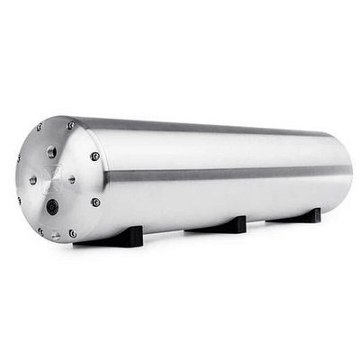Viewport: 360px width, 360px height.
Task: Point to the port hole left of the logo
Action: click(33, 179)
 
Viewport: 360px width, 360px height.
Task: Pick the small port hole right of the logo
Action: click(72, 179)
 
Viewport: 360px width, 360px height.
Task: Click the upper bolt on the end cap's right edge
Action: click(94, 156)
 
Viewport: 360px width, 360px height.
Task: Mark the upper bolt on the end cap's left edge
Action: click(18, 158)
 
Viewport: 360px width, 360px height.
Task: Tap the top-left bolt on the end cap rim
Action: click(38, 128)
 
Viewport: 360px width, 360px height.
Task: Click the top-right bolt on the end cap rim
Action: click(70, 125)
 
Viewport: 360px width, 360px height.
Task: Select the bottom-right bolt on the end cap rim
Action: click(73, 233)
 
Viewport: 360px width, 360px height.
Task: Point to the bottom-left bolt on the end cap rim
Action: click(40, 230)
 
